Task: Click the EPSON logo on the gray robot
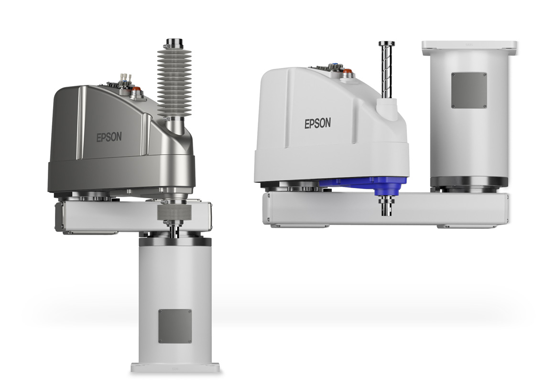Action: point(109,137)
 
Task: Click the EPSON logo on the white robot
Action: point(318,123)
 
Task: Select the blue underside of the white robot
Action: point(365,185)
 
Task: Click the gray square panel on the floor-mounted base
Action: point(175,326)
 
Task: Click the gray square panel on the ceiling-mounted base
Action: point(469,90)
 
